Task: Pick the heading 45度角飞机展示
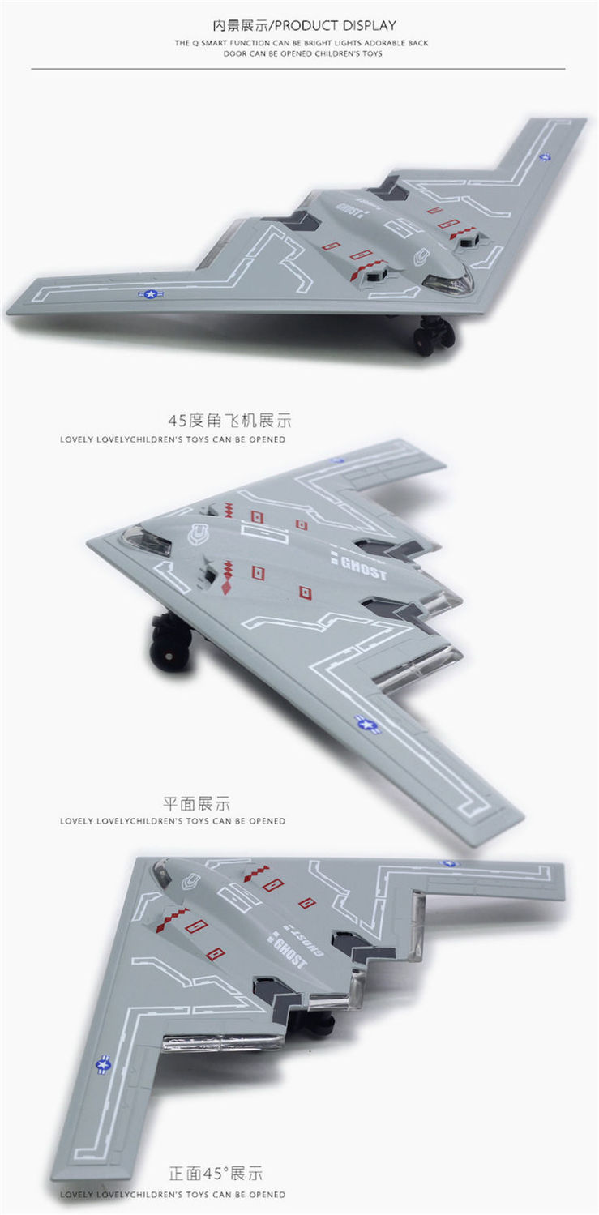pos(229,421)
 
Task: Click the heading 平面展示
pos(197,803)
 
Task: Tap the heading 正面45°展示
pos(216,1174)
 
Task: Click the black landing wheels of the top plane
pos(434,335)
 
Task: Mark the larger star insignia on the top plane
pos(151,294)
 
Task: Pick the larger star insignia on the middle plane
pos(367,723)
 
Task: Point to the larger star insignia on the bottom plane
pos(105,1064)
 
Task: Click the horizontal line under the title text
pos(298,69)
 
